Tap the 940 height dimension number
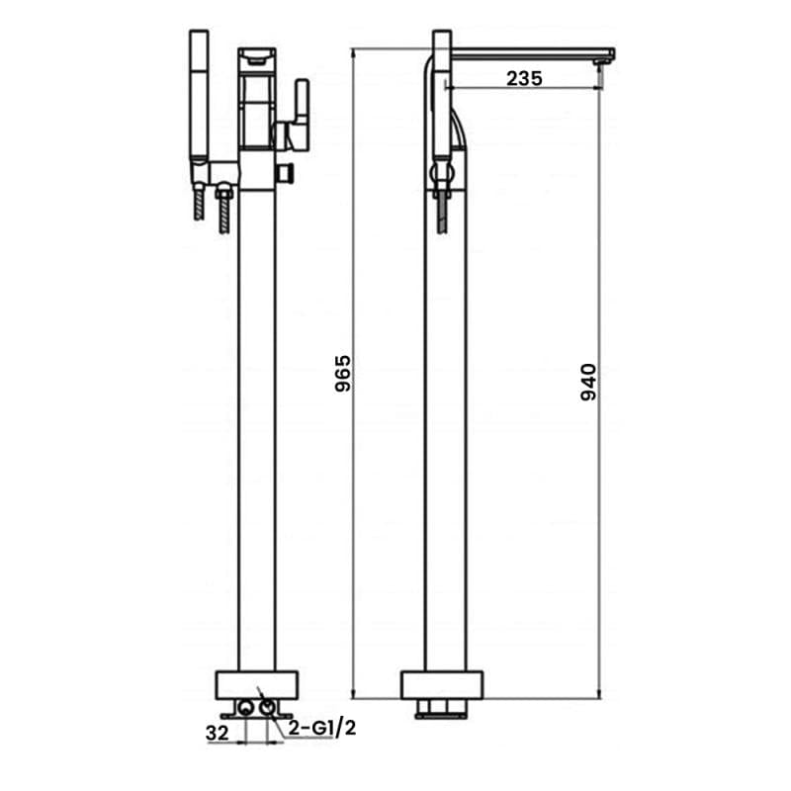coord(588,382)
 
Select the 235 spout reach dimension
coord(524,79)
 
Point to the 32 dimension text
coord(219,733)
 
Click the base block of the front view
coord(256,684)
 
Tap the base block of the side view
coord(442,684)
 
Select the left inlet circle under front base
coord(243,708)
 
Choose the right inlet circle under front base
coord(268,708)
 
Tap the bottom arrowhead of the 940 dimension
coord(600,692)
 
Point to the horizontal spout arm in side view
coord(529,53)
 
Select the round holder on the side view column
coord(442,176)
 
